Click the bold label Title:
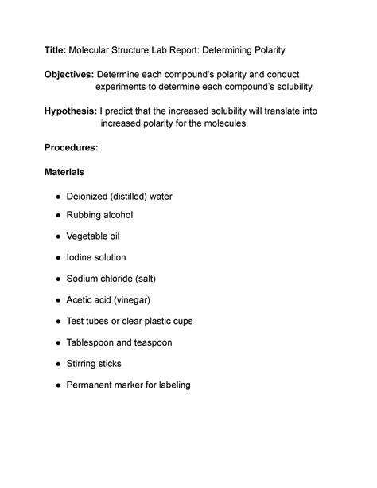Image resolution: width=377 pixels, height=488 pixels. tap(55, 51)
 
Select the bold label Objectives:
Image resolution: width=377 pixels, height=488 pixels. tap(69, 74)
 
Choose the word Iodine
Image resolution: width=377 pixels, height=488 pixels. tap(80, 257)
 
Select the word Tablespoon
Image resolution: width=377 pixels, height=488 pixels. tap(94, 342)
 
